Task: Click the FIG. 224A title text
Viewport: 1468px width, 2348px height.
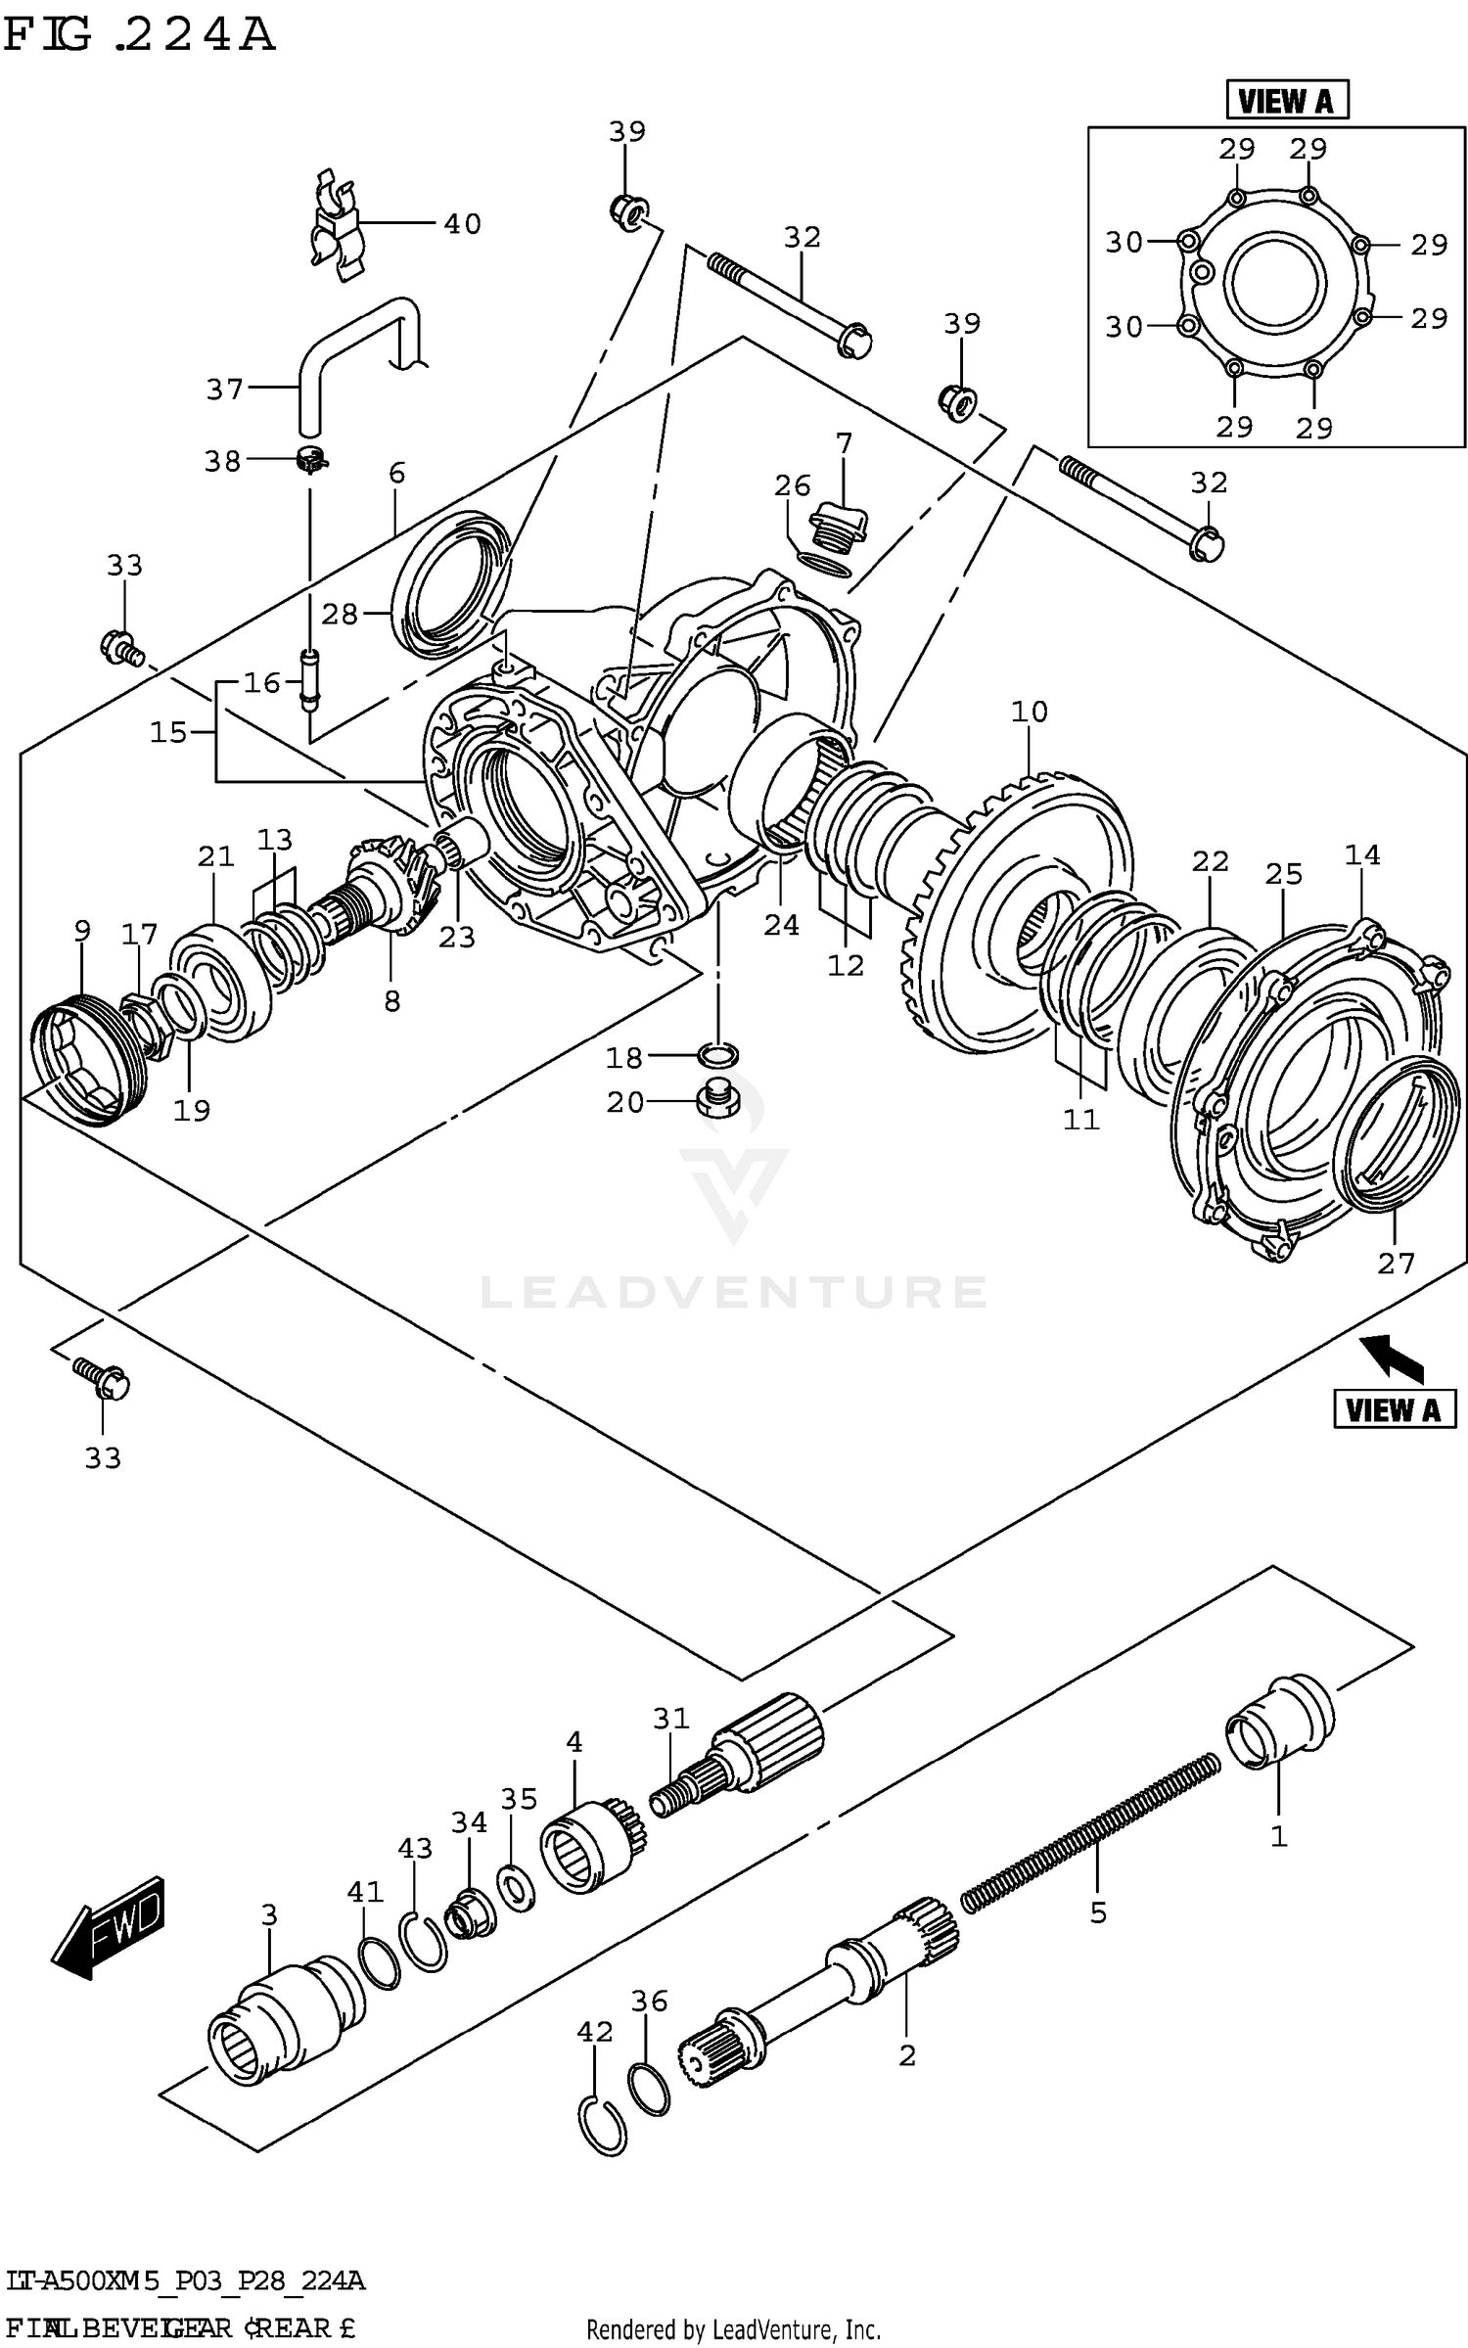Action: pos(138,36)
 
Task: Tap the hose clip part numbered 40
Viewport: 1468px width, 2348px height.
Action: pos(335,227)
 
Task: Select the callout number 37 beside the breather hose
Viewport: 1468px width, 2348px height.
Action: pos(224,390)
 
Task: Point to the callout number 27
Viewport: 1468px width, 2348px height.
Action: pos(1396,1264)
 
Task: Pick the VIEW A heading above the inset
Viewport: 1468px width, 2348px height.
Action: pos(1286,101)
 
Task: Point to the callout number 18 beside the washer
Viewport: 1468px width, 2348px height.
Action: pos(623,1058)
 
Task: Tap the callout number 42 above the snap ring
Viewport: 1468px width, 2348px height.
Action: pos(594,2032)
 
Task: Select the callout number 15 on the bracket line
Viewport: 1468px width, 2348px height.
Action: pos(168,732)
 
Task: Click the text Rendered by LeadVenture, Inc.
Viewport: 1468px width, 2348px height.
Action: pos(733,2329)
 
